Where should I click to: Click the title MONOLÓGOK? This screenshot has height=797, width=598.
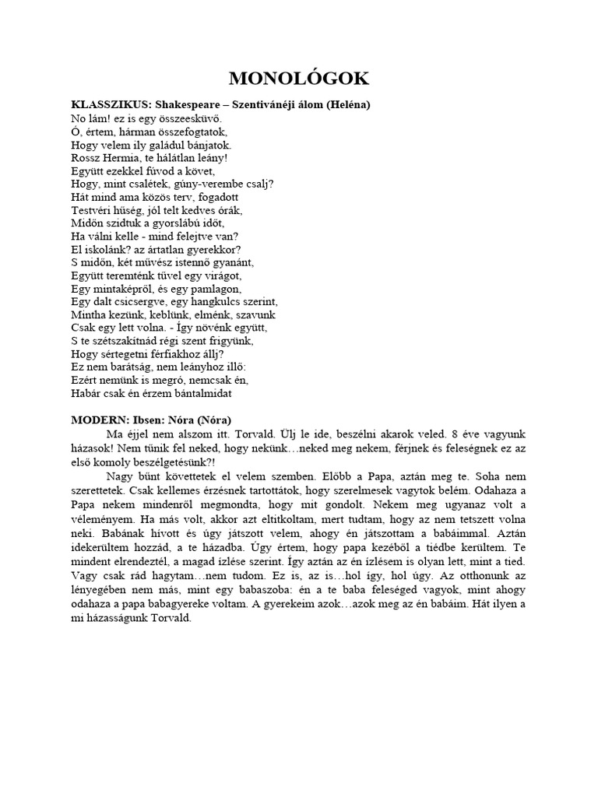299,78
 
